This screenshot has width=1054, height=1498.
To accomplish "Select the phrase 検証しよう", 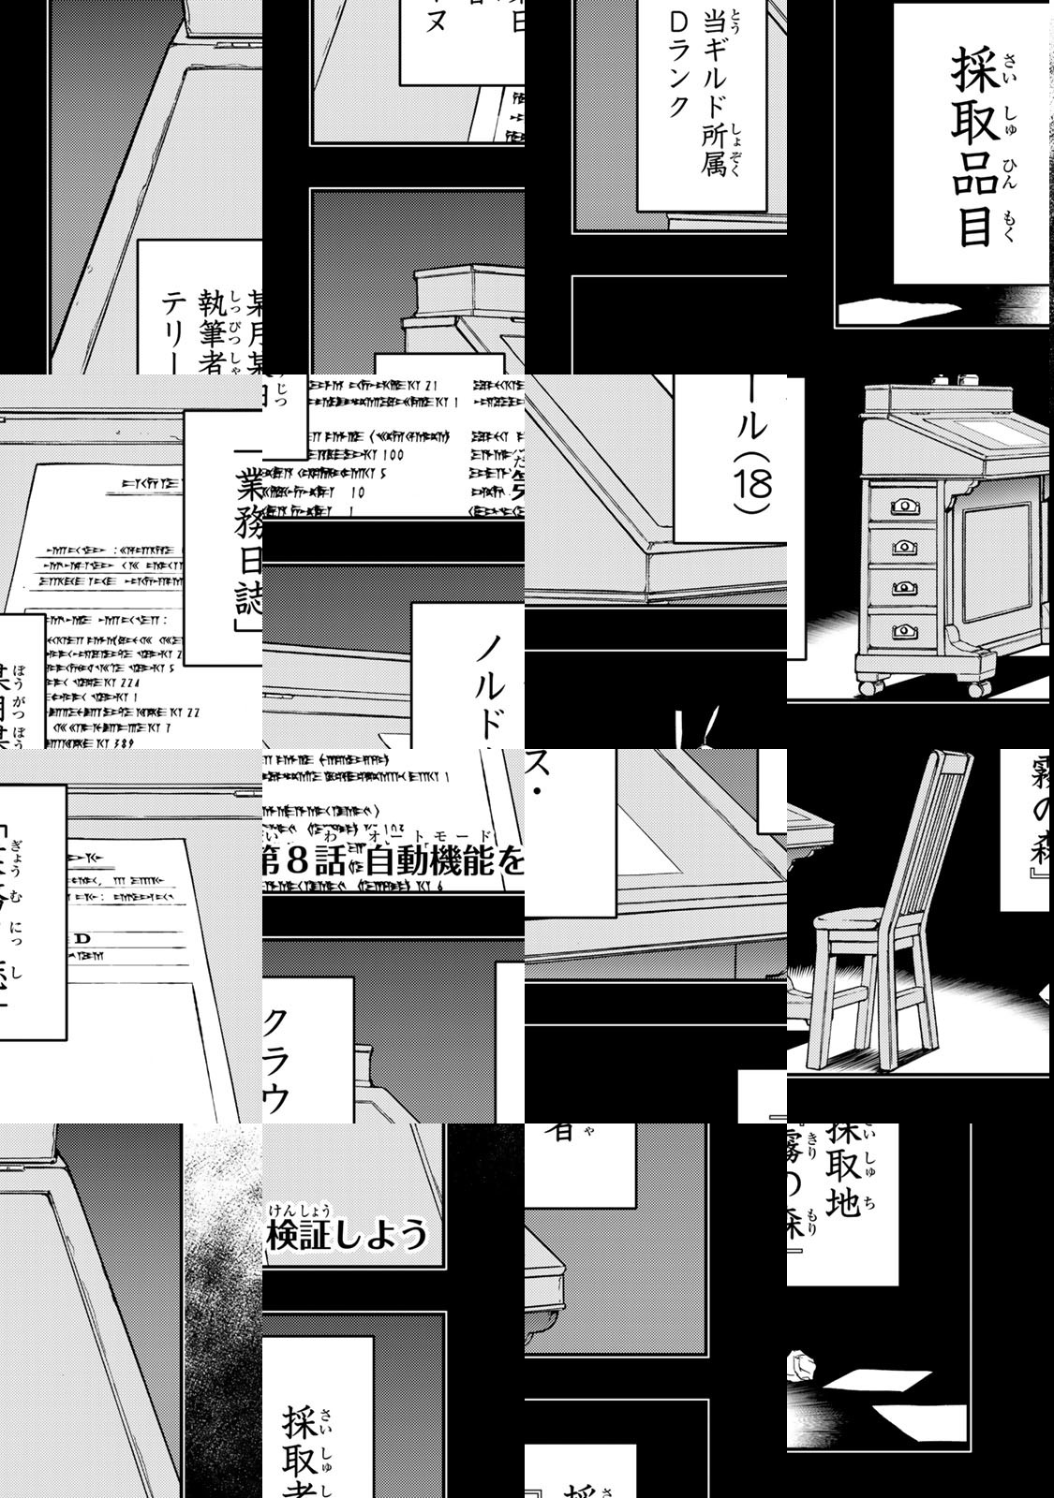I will pos(347,1235).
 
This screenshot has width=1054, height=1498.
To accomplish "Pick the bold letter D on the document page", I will pos(82,937).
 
